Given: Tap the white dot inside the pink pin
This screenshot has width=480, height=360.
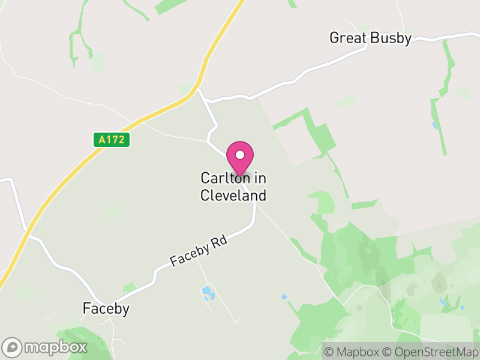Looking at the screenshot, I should [x=240, y=155].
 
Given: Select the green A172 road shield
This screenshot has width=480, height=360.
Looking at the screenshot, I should [x=112, y=140].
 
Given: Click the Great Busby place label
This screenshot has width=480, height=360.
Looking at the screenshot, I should [x=370, y=38].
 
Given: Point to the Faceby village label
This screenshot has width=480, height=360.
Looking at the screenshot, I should [x=106, y=308].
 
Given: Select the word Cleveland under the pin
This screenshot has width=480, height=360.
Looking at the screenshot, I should [x=233, y=196].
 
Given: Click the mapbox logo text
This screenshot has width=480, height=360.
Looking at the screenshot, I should [x=56, y=347].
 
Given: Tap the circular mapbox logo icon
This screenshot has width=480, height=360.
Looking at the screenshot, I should [x=13, y=347].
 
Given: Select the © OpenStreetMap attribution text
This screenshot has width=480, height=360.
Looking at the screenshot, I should [x=430, y=352].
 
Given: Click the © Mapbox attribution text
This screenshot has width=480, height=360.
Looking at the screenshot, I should [x=352, y=352].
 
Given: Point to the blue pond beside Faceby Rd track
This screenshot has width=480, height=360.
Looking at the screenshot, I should [x=208, y=293].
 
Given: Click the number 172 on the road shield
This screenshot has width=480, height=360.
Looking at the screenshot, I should [x=116, y=140].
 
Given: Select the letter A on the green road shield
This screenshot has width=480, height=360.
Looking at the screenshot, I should [x=103, y=140].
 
